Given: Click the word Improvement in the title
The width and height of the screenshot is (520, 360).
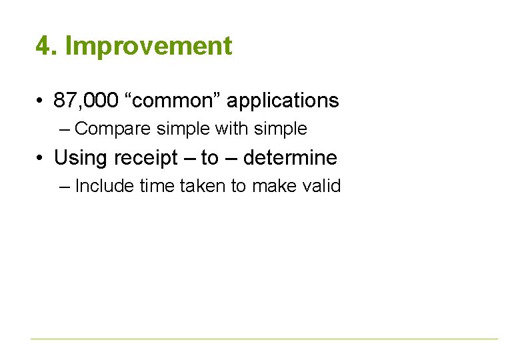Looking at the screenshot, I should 149,47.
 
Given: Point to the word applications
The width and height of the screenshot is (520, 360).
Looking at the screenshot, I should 283,101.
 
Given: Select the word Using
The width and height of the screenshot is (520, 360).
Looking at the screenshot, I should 80,158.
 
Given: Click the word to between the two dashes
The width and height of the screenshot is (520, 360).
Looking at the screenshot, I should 209,158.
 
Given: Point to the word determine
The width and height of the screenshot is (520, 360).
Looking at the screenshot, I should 290,158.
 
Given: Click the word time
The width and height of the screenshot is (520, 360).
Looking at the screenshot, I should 157,186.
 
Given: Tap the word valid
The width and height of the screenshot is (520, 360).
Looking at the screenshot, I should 322,186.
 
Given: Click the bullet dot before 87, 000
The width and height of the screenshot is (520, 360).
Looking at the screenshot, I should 41,101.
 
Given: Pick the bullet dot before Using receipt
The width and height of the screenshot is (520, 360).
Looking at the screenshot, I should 41,159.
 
